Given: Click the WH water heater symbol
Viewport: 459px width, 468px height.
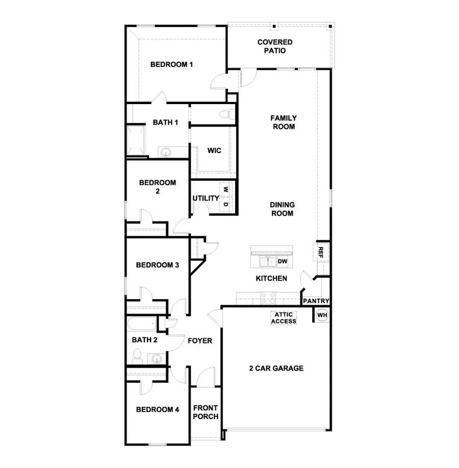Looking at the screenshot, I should (x=322, y=315).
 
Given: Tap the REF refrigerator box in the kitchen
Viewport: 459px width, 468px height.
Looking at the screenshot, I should (x=321, y=252).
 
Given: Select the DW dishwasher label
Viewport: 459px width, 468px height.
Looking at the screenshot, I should (x=283, y=262).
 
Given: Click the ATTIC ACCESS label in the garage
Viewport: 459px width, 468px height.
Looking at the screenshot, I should (x=284, y=318).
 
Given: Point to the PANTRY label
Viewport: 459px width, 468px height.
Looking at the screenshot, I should (x=316, y=301).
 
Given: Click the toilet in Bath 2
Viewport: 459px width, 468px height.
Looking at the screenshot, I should (x=137, y=356).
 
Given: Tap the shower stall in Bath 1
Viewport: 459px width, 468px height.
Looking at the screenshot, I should (x=136, y=139).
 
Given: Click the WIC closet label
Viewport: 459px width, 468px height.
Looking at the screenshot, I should (x=214, y=151).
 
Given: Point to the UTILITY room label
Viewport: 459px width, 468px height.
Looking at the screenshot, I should (x=206, y=198).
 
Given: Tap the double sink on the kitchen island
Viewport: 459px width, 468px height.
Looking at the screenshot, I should (x=268, y=262).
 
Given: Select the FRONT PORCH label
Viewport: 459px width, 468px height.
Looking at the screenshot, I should (x=206, y=412).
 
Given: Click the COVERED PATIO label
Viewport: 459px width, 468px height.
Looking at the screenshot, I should (x=275, y=46).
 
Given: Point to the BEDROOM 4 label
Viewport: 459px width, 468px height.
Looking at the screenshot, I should (x=158, y=409).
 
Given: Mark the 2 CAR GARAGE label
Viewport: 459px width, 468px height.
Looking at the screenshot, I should (x=276, y=368).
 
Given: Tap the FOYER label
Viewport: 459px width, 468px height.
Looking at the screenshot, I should (x=200, y=340).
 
